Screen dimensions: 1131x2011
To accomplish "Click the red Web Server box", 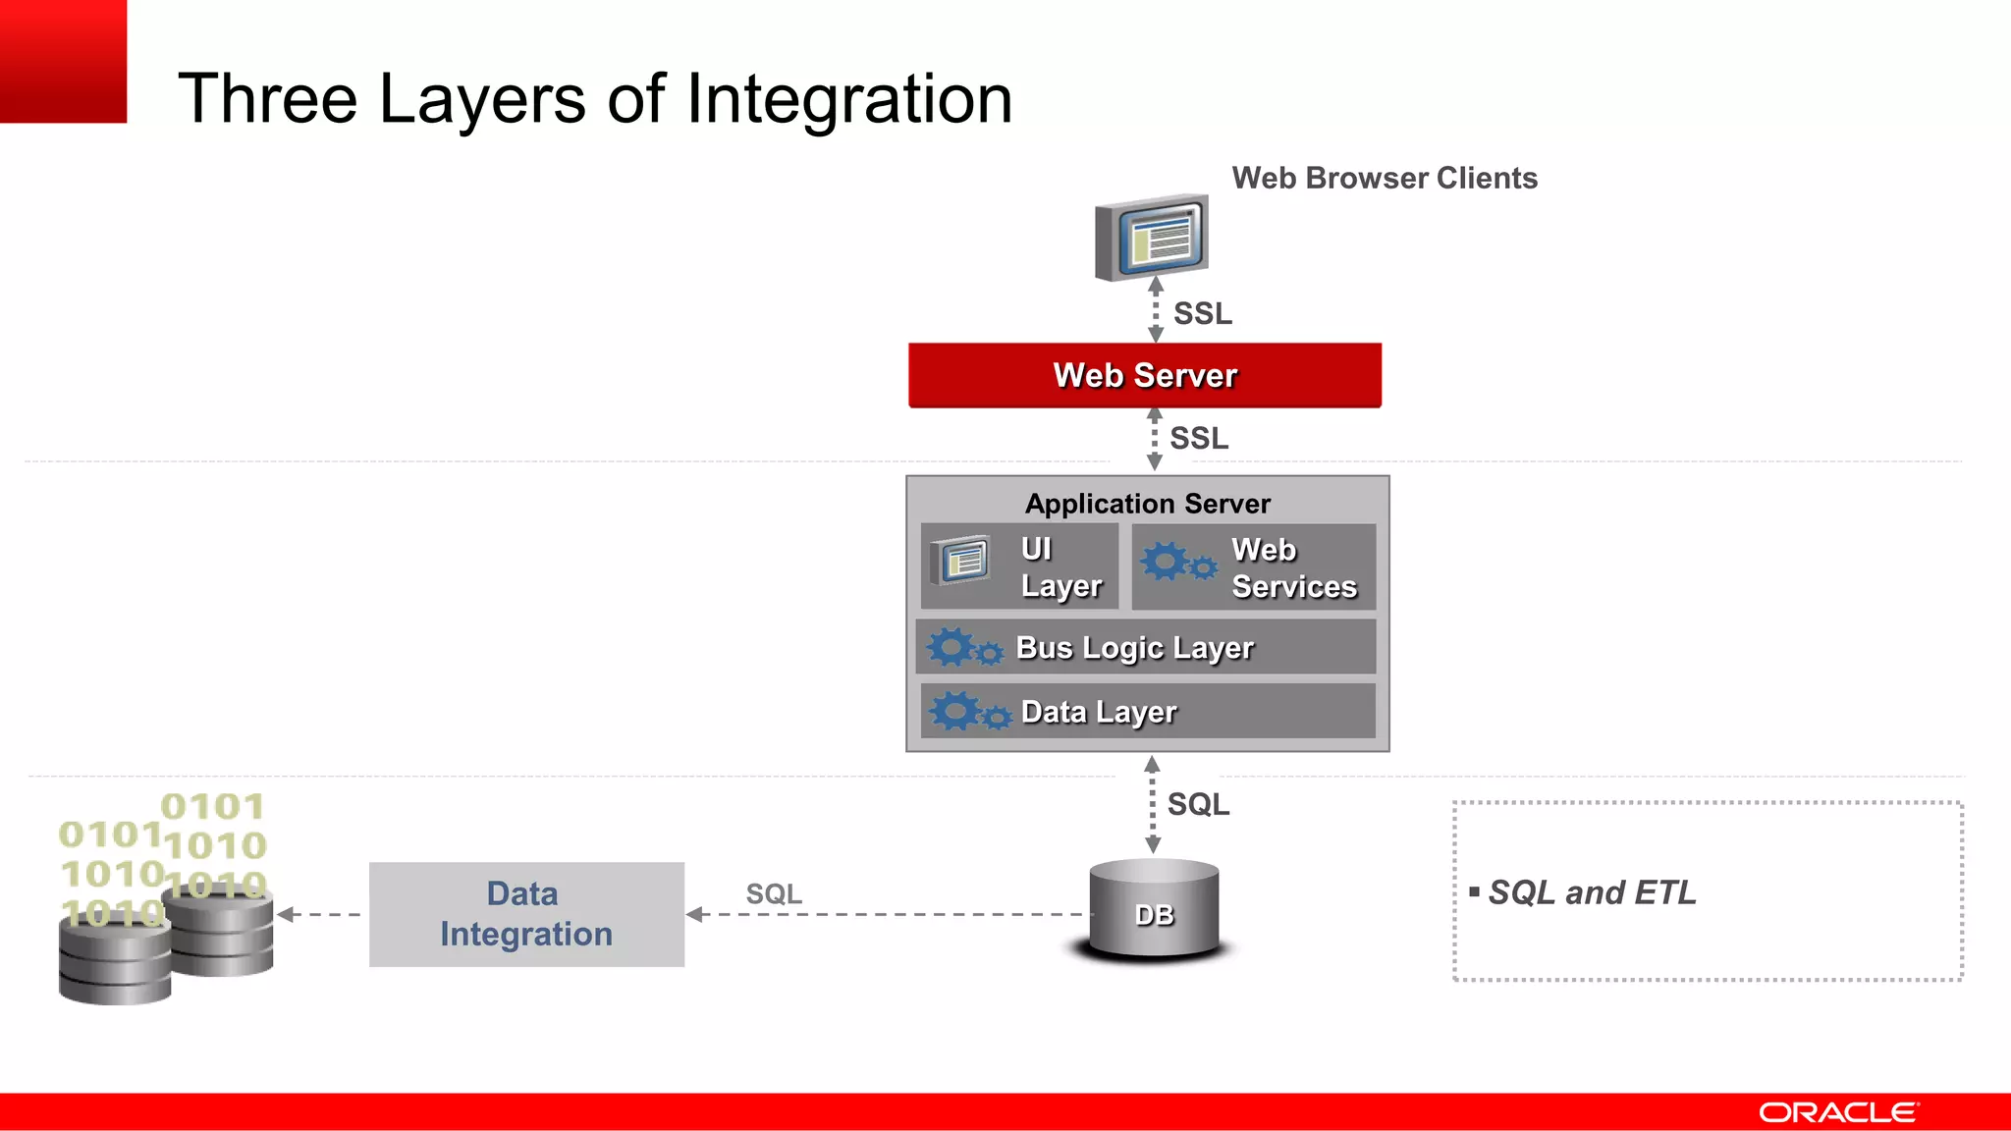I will pos(1145,375).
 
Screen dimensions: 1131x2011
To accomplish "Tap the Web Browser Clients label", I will pos(1384,178).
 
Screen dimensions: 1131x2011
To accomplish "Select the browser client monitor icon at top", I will pos(1153,238).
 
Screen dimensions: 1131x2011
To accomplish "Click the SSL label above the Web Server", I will pos(1202,313).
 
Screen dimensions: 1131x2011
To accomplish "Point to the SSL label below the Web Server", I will pos(1198,438).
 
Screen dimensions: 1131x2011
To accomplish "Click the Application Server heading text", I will pos(1147,504).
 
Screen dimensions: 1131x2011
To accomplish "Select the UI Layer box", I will pos(1019,566).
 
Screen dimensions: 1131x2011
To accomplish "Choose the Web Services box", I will pos(1254,566).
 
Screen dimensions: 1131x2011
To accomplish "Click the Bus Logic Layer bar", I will pos(1145,647).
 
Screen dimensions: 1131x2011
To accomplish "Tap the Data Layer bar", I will pos(1147,711).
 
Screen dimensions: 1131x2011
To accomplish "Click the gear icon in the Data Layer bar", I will pos(968,711).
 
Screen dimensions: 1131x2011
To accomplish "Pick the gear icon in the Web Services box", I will pos(1176,563).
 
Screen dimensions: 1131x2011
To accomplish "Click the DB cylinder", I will pos(1154,910).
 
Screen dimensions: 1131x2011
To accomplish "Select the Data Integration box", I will pos(526,914).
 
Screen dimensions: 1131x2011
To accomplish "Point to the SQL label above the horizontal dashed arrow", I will pos(773,893).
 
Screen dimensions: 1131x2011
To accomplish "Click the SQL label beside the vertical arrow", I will pos(1198,804).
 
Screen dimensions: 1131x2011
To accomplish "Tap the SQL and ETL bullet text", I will pos(1591,891).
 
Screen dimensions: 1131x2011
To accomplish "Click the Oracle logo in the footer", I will pos(1837,1112).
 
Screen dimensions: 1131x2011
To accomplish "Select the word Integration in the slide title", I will pos(848,99).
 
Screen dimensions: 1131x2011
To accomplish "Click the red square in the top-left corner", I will pos(63,61).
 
